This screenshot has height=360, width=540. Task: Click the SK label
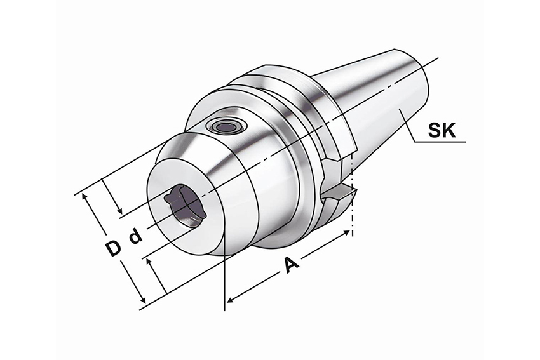coord(442,130)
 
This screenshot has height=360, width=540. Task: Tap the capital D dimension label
coord(113,249)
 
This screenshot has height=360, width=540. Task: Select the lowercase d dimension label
coord(135,237)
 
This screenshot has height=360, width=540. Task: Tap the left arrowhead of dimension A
coord(231,300)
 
